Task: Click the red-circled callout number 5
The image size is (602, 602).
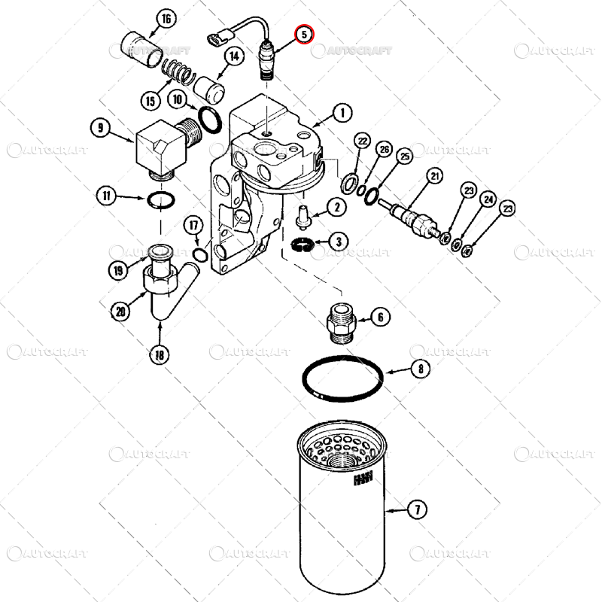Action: (x=304, y=35)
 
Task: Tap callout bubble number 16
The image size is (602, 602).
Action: (x=166, y=19)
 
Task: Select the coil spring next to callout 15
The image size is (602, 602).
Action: (x=176, y=71)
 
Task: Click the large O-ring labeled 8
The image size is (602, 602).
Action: (x=342, y=379)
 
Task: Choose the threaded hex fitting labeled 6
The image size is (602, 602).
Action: (x=342, y=324)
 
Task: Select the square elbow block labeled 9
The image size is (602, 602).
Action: (x=168, y=147)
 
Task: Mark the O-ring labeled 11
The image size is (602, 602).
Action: (x=161, y=199)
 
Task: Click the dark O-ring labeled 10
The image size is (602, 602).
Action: (x=210, y=120)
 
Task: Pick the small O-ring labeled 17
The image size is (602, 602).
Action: (x=200, y=254)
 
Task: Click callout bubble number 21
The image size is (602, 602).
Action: (x=434, y=176)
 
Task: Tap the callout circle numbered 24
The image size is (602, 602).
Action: (x=488, y=199)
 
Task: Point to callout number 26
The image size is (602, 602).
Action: (x=385, y=149)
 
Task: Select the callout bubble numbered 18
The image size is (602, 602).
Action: (x=160, y=354)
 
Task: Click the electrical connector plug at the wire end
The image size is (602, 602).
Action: (x=220, y=36)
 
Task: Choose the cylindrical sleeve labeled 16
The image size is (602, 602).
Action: (x=140, y=50)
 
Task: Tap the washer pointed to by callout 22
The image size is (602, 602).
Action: (x=349, y=184)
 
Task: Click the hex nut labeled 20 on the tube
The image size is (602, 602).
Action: (x=160, y=280)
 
